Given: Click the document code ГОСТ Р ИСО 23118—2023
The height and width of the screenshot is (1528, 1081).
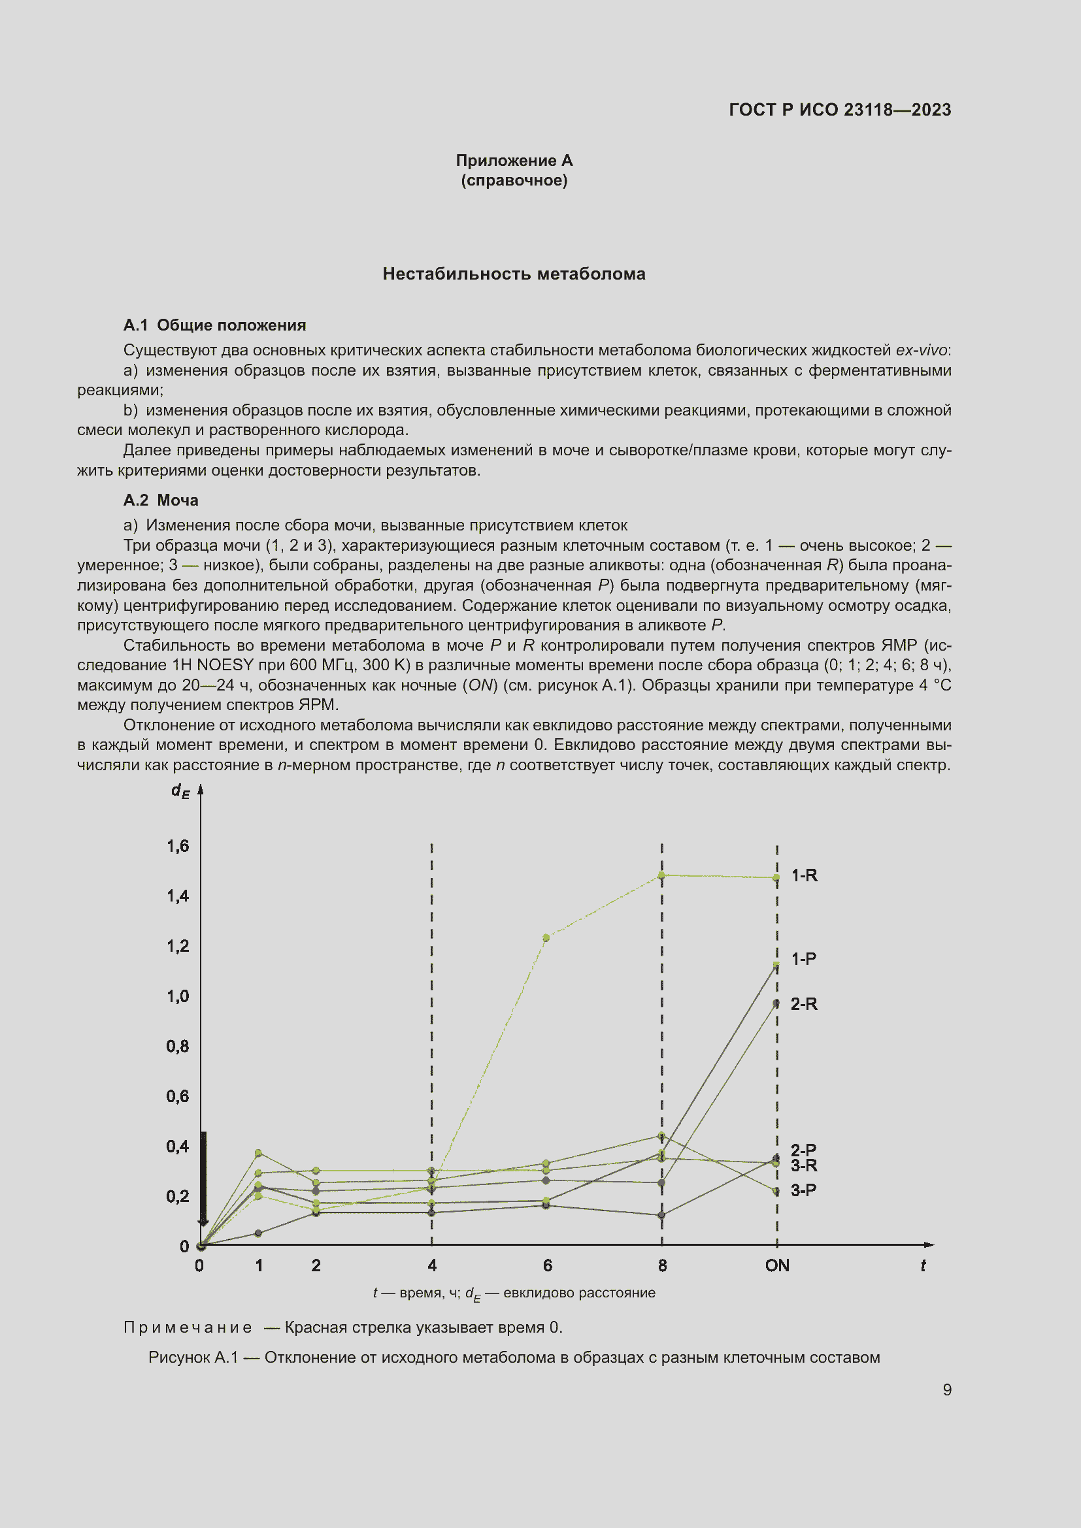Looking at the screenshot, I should [x=839, y=110].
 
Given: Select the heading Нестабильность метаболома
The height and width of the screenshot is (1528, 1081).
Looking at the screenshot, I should [x=514, y=274].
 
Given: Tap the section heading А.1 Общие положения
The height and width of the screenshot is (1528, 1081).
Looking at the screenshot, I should [x=214, y=325].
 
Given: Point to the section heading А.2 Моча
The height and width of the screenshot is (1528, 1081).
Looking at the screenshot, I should [x=160, y=500].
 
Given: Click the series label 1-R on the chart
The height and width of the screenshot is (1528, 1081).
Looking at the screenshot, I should [x=803, y=876].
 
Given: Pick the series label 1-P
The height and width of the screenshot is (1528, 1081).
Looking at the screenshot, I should [x=803, y=959].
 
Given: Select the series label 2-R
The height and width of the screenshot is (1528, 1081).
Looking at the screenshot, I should [x=803, y=1004].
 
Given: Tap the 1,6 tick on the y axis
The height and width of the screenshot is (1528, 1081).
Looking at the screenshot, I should [x=178, y=846].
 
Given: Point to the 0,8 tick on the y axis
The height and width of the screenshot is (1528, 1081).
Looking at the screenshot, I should [x=178, y=1046].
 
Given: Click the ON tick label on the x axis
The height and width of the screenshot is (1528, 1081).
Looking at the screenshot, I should [x=777, y=1266].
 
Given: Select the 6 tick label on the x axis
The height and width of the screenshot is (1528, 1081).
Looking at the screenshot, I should [x=547, y=1266].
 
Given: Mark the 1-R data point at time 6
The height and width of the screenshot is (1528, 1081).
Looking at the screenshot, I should [x=546, y=937].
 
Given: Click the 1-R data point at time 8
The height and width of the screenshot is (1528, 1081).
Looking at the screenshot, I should [x=661, y=875].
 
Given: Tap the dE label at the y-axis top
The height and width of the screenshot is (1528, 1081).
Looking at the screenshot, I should [x=180, y=790].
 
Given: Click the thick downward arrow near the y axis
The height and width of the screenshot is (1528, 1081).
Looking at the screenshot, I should [x=204, y=1179].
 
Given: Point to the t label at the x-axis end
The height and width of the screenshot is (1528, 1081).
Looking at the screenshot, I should [x=923, y=1266].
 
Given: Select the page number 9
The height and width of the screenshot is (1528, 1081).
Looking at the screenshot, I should [x=946, y=1390].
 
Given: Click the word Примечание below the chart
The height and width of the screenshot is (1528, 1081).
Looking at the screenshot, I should [x=188, y=1327].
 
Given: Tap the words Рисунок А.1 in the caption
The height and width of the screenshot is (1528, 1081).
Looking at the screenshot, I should [x=193, y=1357].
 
